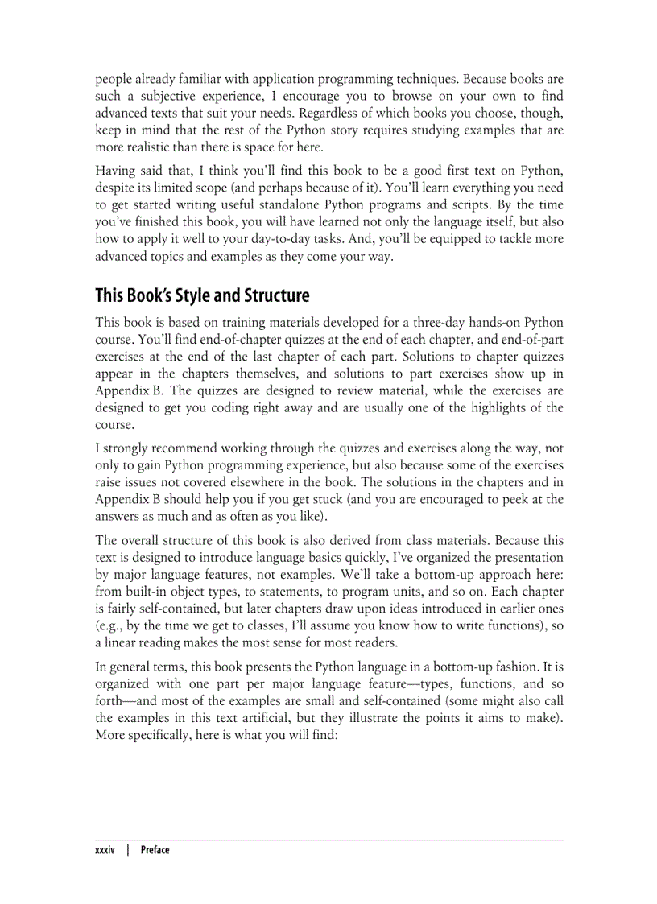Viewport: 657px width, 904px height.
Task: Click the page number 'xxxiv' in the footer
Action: (x=106, y=850)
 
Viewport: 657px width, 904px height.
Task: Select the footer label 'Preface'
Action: (x=155, y=850)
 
